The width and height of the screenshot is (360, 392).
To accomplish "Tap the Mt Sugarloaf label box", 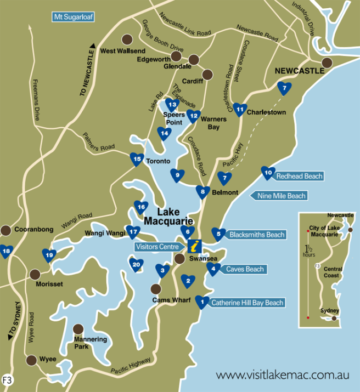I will point(73,17).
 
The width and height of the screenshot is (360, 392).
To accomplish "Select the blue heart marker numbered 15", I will point(137,158).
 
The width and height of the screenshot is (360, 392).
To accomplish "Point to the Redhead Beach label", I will point(299,176).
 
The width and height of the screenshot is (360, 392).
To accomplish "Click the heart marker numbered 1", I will point(202,301).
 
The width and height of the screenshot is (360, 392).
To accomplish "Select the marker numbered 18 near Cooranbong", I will point(7,251).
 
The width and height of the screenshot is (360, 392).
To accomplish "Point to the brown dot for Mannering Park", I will point(78,329).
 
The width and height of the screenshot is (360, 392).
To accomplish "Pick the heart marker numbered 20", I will point(137,264).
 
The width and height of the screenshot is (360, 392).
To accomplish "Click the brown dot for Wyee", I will point(31,360).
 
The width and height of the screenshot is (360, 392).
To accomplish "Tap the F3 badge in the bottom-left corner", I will point(8,379).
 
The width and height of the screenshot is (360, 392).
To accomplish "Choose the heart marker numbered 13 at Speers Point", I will point(172,104).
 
